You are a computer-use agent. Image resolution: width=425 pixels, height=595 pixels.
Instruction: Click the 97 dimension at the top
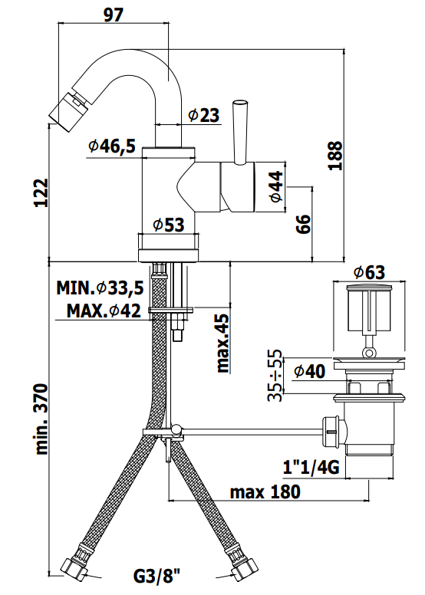click(x=114, y=15)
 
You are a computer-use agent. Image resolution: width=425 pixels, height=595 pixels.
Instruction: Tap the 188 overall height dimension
click(x=336, y=156)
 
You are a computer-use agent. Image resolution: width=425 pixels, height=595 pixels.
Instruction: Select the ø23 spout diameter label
click(x=204, y=115)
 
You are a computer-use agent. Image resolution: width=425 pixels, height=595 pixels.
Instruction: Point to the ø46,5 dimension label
click(x=112, y=146)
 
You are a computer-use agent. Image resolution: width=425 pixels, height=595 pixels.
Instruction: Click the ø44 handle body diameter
click(x=276, y=186)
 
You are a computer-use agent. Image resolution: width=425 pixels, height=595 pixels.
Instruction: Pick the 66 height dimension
click(x=303, y=224)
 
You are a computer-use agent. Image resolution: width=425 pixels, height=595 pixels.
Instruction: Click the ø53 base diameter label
click(x=169, y=225)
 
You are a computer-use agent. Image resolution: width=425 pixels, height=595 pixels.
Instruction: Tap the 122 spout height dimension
click(x=41, y=192)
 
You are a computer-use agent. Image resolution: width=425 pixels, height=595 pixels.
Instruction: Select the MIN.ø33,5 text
click(x=100, y=288)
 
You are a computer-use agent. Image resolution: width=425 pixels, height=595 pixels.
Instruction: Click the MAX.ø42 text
click(x=104, y=311)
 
